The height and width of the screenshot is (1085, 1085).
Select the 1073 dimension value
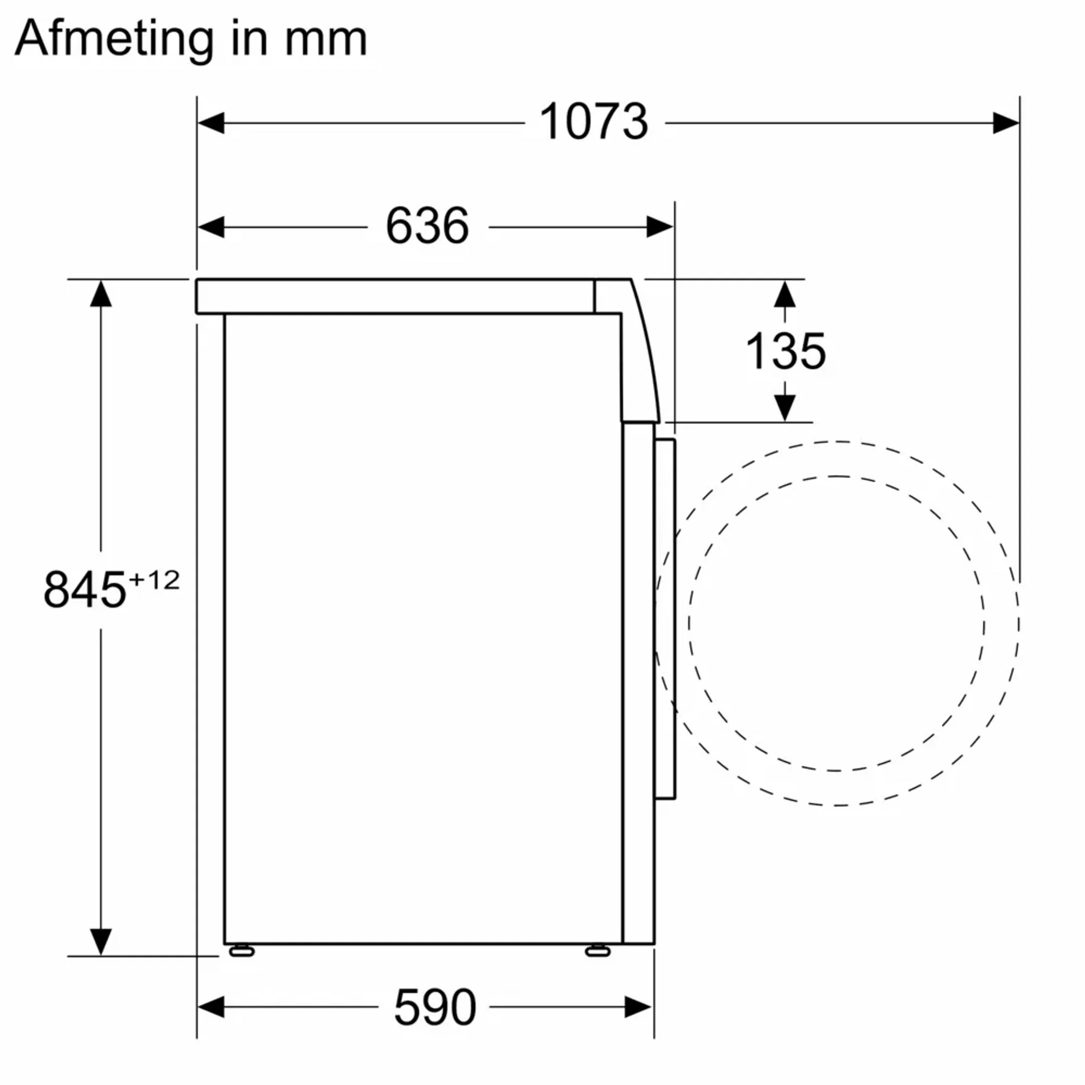point(594,122)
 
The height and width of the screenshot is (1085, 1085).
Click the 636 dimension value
point(427,226)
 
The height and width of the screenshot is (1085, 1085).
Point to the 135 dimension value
point(785,352)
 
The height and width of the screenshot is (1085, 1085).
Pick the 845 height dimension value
point(85,590)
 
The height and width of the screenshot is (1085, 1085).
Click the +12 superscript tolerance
point(154,580)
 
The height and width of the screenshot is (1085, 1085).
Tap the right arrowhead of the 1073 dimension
point(1005,123)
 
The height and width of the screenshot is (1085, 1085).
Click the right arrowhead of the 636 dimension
point(660,227)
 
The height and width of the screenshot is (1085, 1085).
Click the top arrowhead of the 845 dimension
point(101,294)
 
